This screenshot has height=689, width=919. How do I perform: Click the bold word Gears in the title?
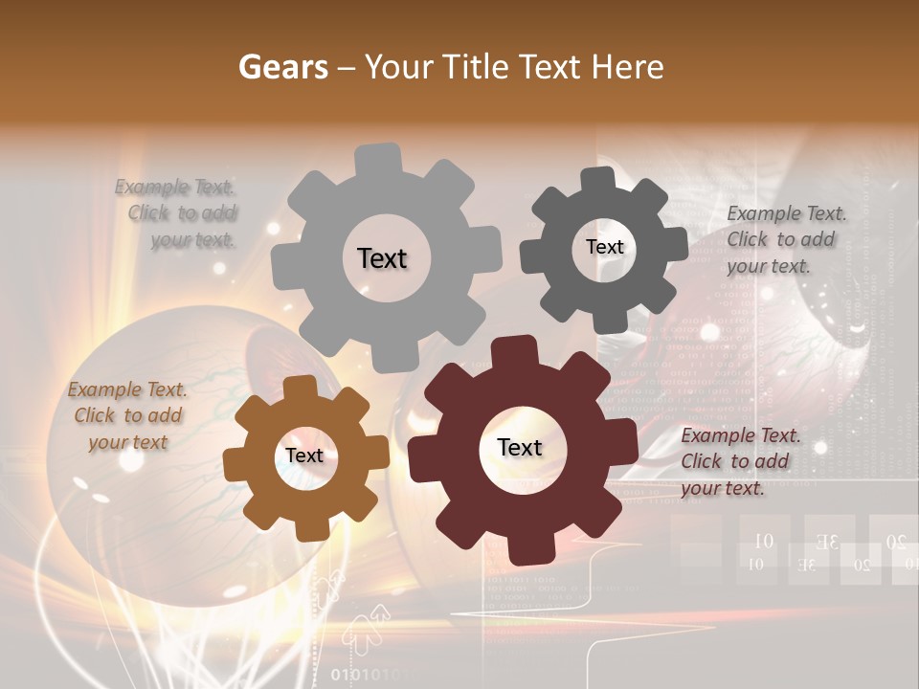click(x=282, y=67)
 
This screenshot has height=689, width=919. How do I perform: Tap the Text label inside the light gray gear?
click(x=382, y=258)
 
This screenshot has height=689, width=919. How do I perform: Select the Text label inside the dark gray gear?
click(x=604, y=247)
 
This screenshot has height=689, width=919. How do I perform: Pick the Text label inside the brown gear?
click(x=304, y=456)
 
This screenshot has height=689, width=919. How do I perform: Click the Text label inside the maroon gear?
click(x=520, y=447)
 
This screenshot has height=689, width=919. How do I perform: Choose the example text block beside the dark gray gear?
click(x=785, y=239)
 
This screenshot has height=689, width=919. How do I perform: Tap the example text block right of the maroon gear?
click(x=739, y=461)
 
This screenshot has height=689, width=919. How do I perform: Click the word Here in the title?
click(x=628, y=67)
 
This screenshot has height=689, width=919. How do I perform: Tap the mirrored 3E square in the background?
click(x=829, y=543)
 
